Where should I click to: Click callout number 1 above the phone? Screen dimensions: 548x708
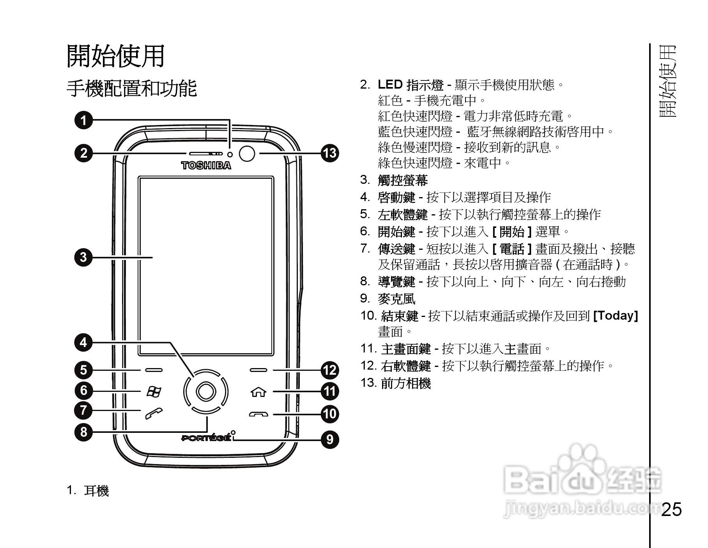pyautogui.click(x=83, y=120)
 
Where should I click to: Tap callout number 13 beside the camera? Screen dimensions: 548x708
pyautogui.click(x=330, y=153)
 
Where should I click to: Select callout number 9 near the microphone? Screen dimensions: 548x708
pyautogui.click(x=330, y=439)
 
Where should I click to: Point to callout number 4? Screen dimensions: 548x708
pyautogui.click(x=83, y=343)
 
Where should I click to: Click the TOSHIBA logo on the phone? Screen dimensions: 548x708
pyautogui.click(x=206, y=165)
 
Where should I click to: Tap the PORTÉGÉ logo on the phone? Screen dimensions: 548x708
pyautogui.click(x=205, y=438)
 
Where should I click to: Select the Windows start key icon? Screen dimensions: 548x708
pyautogui.click(x=153, y=391)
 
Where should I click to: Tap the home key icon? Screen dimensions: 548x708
pyautogui.click(x=259, y=391)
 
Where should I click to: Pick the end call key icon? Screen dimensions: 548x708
pyautogui.click(x=258, y=414)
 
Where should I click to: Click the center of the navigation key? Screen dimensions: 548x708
pyautogui.click(x=206, y=391)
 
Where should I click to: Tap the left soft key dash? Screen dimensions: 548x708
pyautogui.click(x=153, y=370)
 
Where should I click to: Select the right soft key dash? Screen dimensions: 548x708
pyautogui.click(x=258, y=370)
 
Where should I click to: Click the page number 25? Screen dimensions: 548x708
pyautogui.click(x=671, y=509)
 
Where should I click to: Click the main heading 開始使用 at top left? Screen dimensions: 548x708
pyautogui.click(x=116, y=56)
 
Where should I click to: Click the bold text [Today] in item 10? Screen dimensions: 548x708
pyautogui.click(x=615, y=315)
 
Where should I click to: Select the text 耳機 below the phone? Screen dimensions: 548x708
pyautogui.click(x=96, y=491)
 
